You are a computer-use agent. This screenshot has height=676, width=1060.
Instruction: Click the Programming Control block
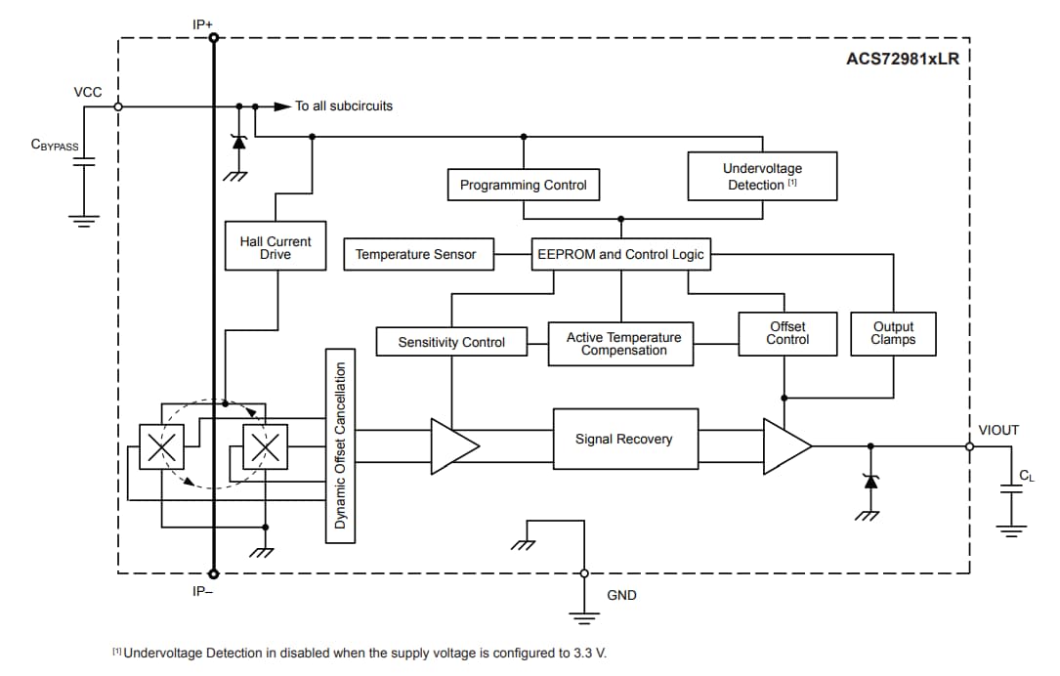point(523,185)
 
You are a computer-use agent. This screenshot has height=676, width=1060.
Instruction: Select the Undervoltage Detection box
point(762,176)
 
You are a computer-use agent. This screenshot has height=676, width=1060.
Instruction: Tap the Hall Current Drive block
point(275,247)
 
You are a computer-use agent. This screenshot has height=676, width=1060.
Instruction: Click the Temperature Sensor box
point(415,255)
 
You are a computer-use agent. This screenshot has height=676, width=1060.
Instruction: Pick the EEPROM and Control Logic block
point(620,254)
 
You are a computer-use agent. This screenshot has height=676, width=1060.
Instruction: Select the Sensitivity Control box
point(451,342)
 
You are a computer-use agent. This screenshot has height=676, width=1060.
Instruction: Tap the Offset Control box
point(787,333)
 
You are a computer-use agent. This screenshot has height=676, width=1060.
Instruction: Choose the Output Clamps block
point(893,333)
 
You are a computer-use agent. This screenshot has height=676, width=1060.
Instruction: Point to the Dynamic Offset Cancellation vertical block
point(340,445)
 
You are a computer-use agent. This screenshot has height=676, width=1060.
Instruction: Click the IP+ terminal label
point(203,21)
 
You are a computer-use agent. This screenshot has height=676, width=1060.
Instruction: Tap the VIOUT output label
point(997,430)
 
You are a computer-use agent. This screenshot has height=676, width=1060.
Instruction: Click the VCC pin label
point(87,92)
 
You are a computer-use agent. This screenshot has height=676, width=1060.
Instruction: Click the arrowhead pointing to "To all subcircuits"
point(282,106)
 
